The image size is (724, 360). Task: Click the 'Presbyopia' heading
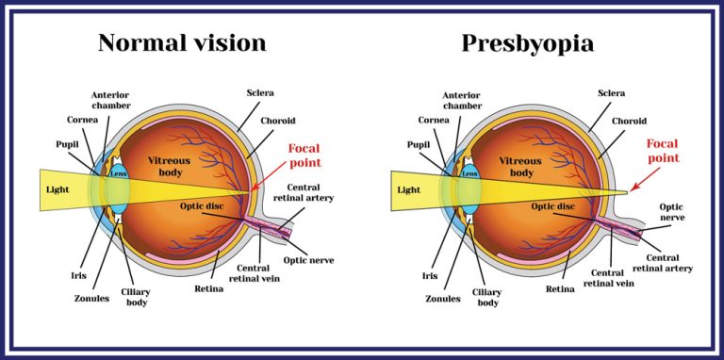point(529,43)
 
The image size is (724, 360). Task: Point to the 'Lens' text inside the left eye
point(118,173)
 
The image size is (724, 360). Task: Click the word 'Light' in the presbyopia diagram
point(408,190)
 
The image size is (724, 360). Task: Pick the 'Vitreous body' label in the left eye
point(170,167)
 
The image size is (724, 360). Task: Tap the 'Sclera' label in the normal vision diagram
point(260,92)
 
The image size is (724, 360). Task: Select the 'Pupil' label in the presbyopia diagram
point(419,145)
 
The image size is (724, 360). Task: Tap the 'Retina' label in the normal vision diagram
point(209,288)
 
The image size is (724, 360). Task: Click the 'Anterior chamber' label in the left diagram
point(112,102)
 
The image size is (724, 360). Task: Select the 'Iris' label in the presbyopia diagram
point(431,276)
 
